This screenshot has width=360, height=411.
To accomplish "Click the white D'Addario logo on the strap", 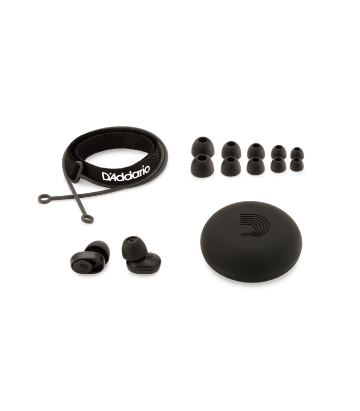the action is [125, 173].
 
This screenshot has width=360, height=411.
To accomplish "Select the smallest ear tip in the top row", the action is [297, 153].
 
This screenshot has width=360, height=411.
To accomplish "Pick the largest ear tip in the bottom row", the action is [202, 165].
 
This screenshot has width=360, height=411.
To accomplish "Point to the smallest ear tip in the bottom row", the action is [297, 164].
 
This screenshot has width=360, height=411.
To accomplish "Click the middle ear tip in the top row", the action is [256, 151].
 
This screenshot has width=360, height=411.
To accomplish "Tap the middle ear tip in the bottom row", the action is [256, 165].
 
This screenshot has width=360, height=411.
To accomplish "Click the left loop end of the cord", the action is [44, 198].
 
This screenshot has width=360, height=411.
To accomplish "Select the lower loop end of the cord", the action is [87, 219].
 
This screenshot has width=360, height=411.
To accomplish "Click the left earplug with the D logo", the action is [90, 257].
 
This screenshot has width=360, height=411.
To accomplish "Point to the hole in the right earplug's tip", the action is [131, 239].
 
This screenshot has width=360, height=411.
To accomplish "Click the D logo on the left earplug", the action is [82, 266].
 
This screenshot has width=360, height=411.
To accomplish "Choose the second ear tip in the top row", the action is [231, 150].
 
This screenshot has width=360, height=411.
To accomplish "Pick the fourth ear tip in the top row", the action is [278, 152].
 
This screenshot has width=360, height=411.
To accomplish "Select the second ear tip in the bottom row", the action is [231, 166].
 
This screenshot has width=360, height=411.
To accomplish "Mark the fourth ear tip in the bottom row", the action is [278, 165].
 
